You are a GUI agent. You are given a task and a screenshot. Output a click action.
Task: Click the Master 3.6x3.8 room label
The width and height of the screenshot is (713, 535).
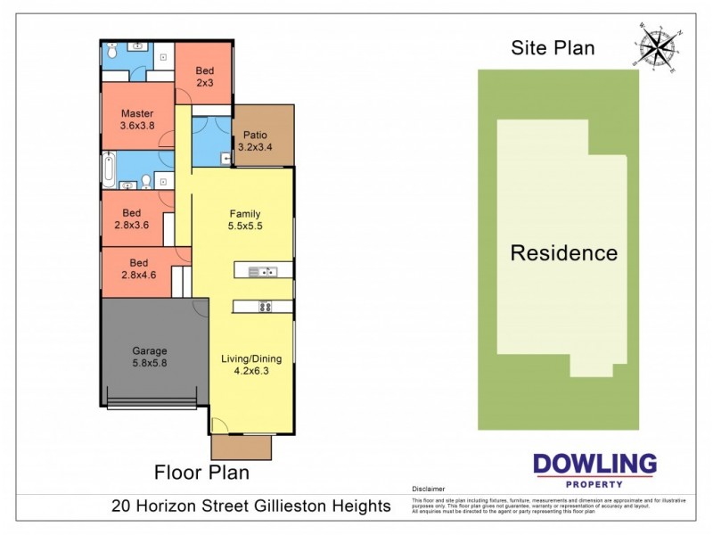137,119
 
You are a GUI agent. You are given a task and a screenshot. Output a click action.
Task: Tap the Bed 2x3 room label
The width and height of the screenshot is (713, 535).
204,77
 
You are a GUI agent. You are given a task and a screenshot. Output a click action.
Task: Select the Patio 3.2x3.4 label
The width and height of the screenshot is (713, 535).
253,141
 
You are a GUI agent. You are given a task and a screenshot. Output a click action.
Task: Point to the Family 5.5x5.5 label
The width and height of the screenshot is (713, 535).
245,220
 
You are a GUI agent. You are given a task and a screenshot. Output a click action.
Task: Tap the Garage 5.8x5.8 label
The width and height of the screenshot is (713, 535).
150,358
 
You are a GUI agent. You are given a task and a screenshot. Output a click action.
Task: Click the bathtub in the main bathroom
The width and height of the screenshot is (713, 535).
109,170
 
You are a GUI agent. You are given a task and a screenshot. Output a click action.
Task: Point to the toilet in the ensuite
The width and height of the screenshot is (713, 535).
112,53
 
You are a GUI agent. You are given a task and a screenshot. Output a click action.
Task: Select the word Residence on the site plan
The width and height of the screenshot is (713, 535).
563,253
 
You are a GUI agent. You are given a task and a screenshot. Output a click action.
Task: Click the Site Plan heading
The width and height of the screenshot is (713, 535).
553,48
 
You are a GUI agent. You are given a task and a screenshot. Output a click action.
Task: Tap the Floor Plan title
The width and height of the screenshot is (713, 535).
201,473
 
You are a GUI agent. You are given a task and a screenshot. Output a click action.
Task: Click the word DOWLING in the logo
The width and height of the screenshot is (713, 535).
594,464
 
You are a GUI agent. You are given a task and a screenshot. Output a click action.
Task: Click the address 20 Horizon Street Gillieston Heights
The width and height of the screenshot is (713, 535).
251,506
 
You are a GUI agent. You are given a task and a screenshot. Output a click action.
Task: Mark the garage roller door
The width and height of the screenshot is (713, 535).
152,403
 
